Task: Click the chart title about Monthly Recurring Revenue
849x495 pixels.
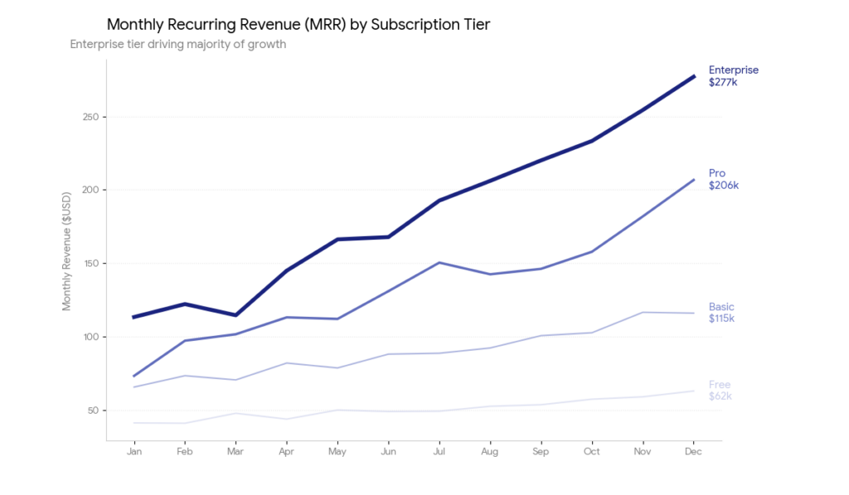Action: tap(298, 25)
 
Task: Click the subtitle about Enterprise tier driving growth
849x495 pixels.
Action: tap(178, 45)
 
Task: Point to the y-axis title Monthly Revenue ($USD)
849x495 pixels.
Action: tap(67, 251)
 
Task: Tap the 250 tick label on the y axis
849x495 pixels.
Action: tap(90, 117)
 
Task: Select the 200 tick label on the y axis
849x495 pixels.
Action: tap(90, 190)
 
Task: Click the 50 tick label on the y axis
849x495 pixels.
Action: tap(93, 410)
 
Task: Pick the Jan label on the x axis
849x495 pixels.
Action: tap(133, 452)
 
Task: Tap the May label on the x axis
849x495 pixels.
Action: tap(337, 452)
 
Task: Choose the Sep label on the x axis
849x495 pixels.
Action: tap(541, 452)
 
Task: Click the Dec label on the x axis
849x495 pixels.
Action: tap(693, 452)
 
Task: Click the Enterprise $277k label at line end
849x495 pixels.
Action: tap(733, 76)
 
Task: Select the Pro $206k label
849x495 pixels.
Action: tap(723, 179)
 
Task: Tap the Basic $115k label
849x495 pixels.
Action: tap(721, 313)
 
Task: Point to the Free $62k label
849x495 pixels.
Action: tap(720, 391)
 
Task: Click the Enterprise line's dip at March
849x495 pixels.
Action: tap(235, 315)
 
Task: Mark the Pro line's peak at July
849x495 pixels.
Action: tap(439, 263)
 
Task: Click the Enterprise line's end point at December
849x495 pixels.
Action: tap(693, 76)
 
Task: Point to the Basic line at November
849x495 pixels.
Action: tap(643, 313)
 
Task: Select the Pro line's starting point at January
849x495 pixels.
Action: tap(133, 376)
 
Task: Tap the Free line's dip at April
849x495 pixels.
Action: tap(286, 419)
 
